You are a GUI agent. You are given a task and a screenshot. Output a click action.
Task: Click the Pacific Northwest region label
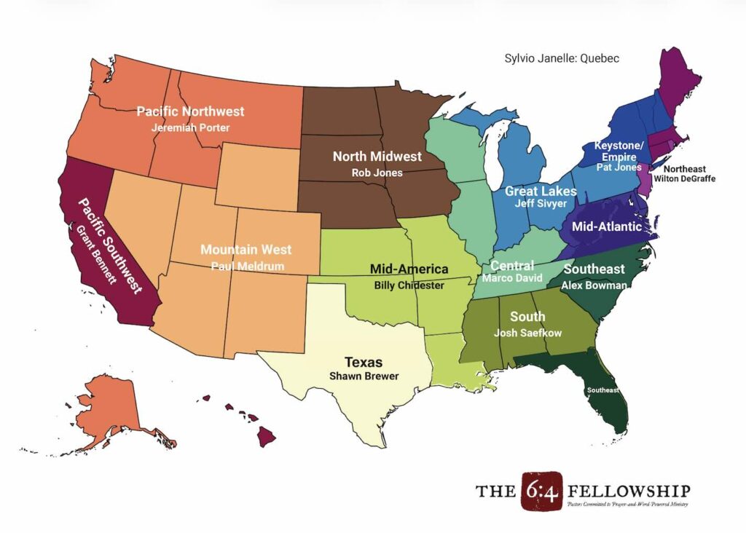pyautogui.click(x=191, y=111)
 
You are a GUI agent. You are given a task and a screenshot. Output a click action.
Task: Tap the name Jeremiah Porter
pyautogui.click(x=191, y=127)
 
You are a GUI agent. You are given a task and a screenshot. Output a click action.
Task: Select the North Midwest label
pyautogui.click(x=377, y=157)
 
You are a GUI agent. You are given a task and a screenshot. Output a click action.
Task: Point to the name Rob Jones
pyautogui.click(x=377, y=173)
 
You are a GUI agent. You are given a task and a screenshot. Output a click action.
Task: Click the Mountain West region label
pyautogui.click(x=246, y=250)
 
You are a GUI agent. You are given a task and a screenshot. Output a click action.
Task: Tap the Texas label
pyautogui.click(x=364, y=362)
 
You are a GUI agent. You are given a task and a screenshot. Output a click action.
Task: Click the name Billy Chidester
pyautogui.click(x=409, y=285)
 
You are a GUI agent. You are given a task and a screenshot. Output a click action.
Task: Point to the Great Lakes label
pyautogui.click(x=541, y=192)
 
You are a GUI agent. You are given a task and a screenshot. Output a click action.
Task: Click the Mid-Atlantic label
pyautogui.click(x=607, y=226)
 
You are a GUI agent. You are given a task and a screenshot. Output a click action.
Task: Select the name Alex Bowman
pyautogui.click(x=594, y=285)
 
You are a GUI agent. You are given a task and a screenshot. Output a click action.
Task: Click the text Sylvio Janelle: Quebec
pyautogui.click(x=562, y=58)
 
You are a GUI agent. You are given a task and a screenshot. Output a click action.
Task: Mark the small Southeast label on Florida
pyautogui.click(x=604, y=390)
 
